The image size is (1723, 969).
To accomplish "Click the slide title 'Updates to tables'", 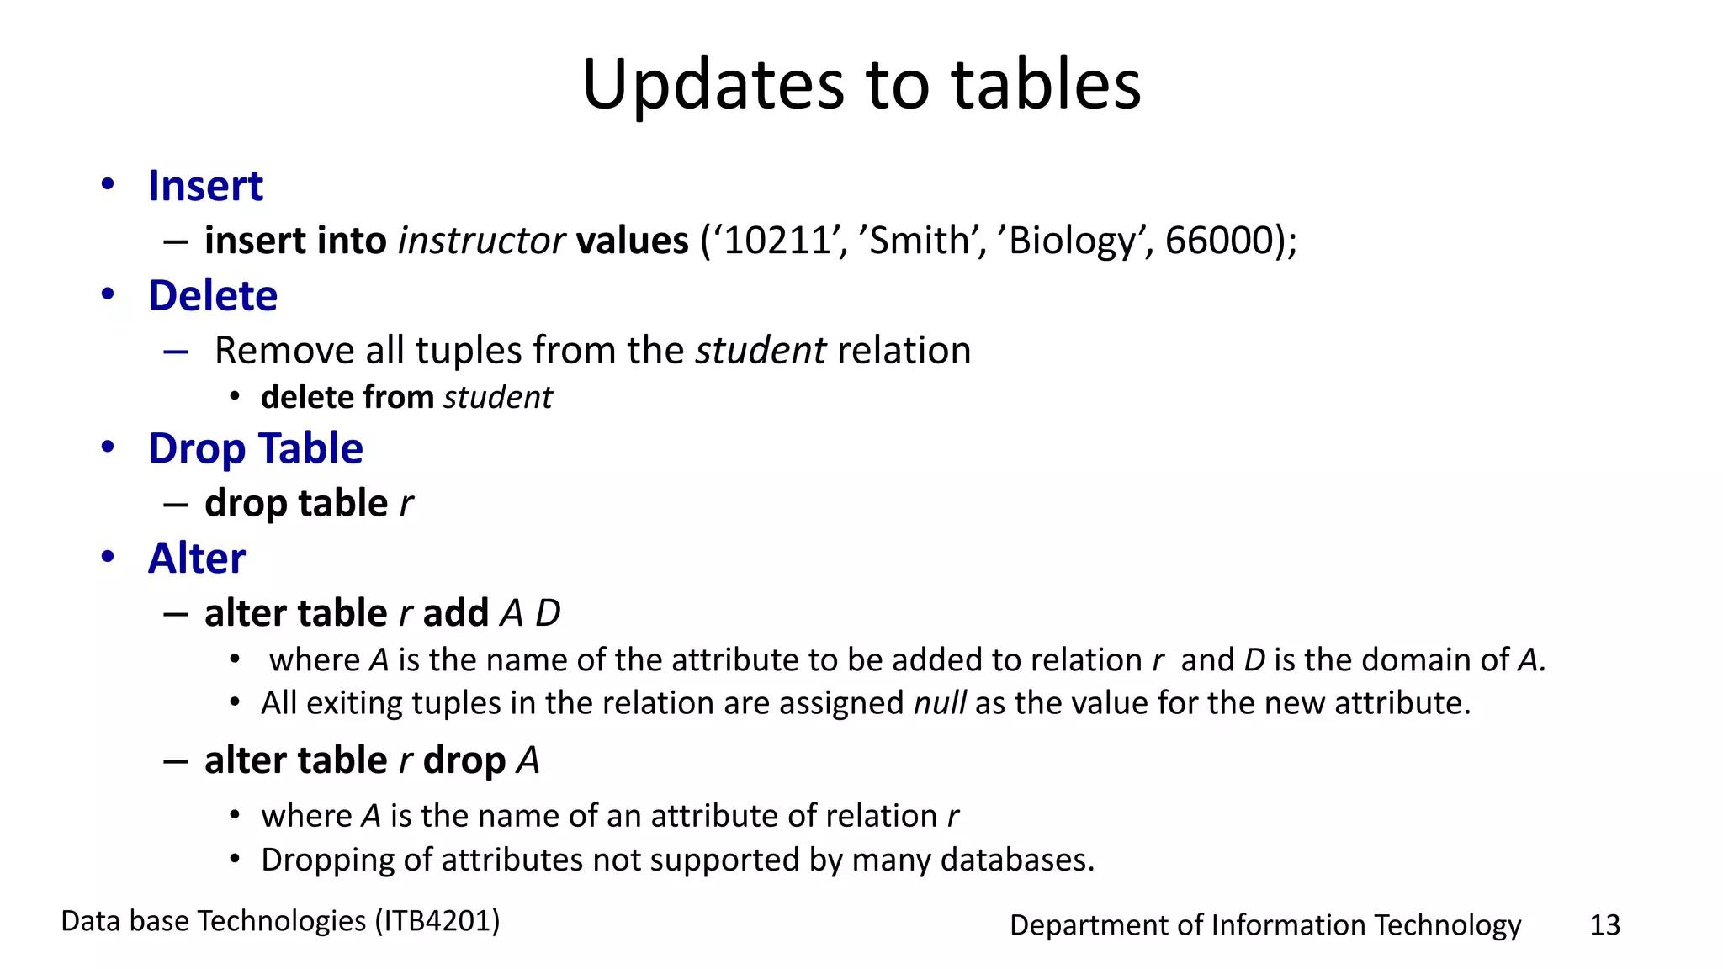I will click(861, 84).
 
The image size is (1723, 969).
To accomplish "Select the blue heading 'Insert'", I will click(205, 186).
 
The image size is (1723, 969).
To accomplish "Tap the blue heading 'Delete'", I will click(213, 296).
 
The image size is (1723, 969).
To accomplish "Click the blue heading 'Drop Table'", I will click(256, 448).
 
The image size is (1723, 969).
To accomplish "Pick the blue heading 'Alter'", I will click(197, 559).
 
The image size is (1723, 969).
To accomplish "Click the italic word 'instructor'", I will click(480, 241).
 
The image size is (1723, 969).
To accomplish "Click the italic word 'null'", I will click(940, 703).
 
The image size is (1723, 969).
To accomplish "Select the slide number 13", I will click(1604, 925).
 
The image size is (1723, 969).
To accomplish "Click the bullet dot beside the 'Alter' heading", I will click(108, 557).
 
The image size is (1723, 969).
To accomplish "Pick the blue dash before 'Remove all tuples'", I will click(176, 352).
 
